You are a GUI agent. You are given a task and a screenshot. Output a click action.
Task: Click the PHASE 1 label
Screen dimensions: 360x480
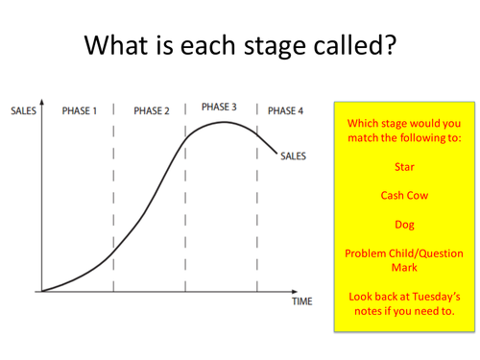80,111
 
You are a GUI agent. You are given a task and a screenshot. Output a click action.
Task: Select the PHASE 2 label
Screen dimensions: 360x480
152,111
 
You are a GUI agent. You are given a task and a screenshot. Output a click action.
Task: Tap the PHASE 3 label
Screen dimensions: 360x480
220,106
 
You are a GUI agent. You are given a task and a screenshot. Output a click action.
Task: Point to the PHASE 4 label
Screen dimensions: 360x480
286,111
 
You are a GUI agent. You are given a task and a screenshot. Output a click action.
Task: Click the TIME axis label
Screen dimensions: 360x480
302,301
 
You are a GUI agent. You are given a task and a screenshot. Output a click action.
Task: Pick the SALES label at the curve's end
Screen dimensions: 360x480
294,157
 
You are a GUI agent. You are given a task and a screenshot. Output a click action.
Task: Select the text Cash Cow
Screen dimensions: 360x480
404,195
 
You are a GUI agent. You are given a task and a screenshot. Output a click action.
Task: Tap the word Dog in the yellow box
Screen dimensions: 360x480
404,225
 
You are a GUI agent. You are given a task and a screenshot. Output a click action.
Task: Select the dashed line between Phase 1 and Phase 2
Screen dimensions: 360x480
114,202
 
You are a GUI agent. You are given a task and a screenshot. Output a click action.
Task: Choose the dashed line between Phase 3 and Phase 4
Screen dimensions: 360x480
257,202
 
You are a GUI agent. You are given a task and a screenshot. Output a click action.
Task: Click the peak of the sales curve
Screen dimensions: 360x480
225,122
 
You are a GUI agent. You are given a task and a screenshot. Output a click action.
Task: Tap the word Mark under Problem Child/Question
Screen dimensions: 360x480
404,269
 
